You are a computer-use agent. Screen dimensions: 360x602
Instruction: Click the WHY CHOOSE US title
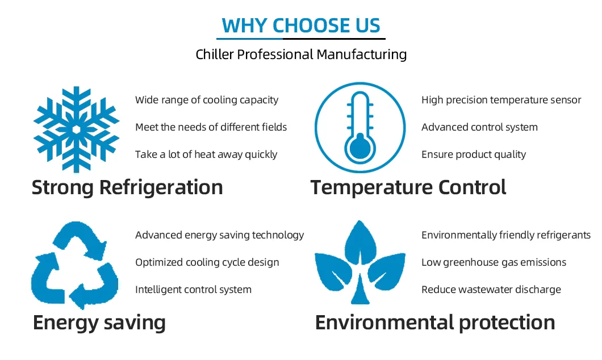[x=301, y=26]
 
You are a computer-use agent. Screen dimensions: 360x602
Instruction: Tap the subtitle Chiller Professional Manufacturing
[x=301, y=55]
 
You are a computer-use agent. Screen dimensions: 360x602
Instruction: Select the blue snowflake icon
[x=76, y=129]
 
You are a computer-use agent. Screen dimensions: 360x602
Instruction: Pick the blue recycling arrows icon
[x=74, y=265]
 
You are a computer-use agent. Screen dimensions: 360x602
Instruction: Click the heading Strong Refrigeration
[x=127, y=187]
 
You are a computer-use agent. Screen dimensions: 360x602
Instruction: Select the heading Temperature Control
[x=408, y=187]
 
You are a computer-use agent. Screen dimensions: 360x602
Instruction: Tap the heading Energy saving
[x=99, y=323]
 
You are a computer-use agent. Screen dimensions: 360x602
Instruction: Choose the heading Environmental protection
[x=435, y=323]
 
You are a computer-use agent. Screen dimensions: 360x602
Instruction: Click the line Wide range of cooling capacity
[x=207, y=100]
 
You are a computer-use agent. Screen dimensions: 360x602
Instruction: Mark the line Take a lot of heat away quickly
[x=206, y=154]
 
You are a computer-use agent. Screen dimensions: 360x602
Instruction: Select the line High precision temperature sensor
[x=501, y=100]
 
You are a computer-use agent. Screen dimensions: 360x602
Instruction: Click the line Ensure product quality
[x=474, y=154]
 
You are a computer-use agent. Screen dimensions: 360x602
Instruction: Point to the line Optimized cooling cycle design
[x=207, y=262]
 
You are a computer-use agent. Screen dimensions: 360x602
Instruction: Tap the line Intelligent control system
[x=193, y=290]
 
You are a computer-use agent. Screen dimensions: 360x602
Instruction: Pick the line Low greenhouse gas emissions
[x=494, y=262]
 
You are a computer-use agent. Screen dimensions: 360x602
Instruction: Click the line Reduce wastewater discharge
[x=491, y=290]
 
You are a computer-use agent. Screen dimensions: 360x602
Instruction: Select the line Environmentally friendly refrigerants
[x=505, y=235]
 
